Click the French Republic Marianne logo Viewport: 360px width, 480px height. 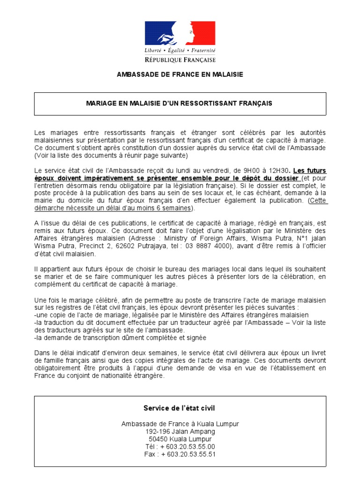(180, 33)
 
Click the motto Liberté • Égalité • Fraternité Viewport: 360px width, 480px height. (180, 50)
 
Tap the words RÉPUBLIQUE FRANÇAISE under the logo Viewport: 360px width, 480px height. (180, 60)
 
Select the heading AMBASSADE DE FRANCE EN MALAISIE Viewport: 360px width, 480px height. (180, 75)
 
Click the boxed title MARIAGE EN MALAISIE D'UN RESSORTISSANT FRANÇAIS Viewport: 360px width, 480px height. (180, 103)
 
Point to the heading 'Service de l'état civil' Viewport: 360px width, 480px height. (180, 408)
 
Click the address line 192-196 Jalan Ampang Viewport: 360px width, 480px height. (180, 431)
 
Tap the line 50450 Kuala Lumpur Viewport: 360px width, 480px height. (180, 439)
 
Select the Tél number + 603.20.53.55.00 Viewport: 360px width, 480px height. (187, 446)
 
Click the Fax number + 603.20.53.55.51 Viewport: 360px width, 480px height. (187, 454)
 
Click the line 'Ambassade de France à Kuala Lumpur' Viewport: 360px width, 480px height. (180, 424)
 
